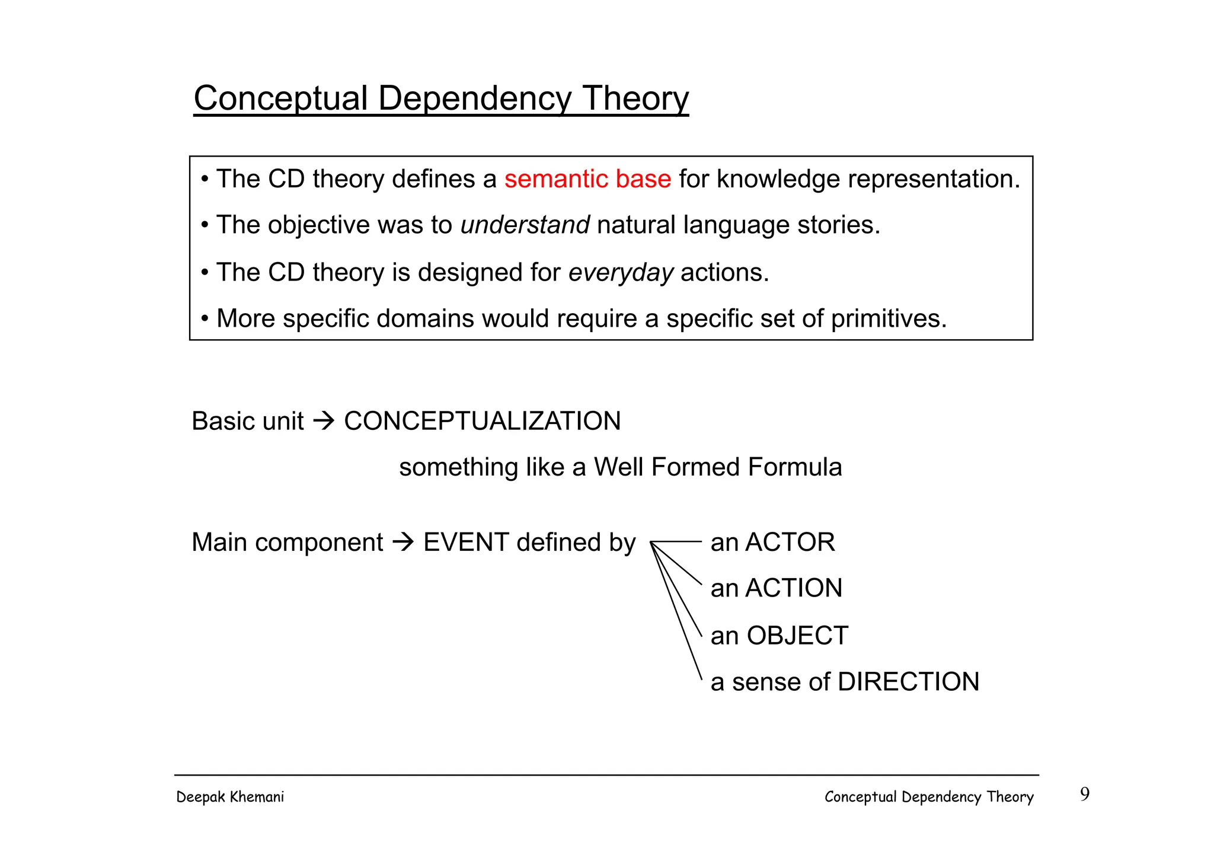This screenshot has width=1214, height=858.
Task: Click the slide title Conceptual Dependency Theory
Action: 441,98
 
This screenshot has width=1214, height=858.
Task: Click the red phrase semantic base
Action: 587,179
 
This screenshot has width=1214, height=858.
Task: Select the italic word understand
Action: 525,225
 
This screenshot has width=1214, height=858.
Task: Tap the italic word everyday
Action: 621,273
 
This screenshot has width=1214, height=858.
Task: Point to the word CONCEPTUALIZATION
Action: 482,422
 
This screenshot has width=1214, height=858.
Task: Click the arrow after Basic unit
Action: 324,422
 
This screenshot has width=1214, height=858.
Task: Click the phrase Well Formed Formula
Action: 717,467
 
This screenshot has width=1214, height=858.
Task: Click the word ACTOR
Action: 790,543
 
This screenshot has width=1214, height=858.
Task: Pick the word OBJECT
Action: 797,636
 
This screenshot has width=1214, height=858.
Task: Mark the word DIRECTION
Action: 908,682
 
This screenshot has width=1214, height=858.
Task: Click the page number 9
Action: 1084,794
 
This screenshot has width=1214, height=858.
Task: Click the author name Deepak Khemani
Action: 230,797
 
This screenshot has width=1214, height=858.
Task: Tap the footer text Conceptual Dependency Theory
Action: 928,797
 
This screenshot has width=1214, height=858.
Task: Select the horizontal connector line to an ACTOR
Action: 677,542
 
